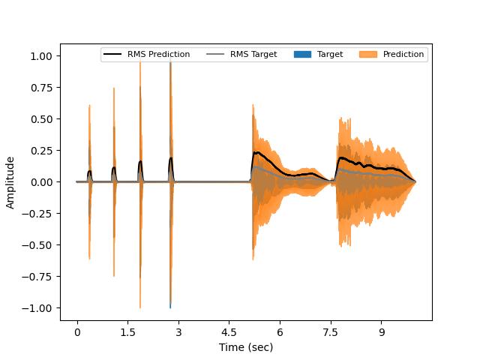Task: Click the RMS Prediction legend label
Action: tap(159, 54)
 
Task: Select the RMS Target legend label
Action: tap(253, 54)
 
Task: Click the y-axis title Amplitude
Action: tap(10, 182)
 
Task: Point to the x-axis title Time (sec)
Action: tap(246, 347)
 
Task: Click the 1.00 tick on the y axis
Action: tap(40, 56)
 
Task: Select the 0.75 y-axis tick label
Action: tap(40, 88)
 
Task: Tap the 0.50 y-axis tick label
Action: tap(40, 119)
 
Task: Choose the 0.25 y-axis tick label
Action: tap(40, 151)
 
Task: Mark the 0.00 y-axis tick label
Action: tap(40, 182)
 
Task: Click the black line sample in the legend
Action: tap(112, 54)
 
